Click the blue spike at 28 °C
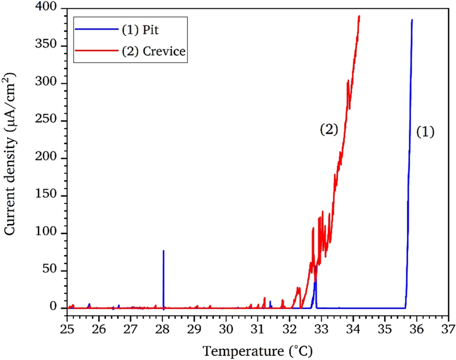pyautogui.click(x=163, y=273)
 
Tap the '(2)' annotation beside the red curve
pyautogui.click(x=328, y=130)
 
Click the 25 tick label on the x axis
pyautogui.click(x=67, y=328)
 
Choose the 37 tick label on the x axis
pyautogui.click(x=449, y=328)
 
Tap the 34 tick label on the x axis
pyautogui.click(x=353, y=328)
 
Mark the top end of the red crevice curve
pyautogui.click(x=359, y=16)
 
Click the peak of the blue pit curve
pyautogui.click(x=412, y=20)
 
